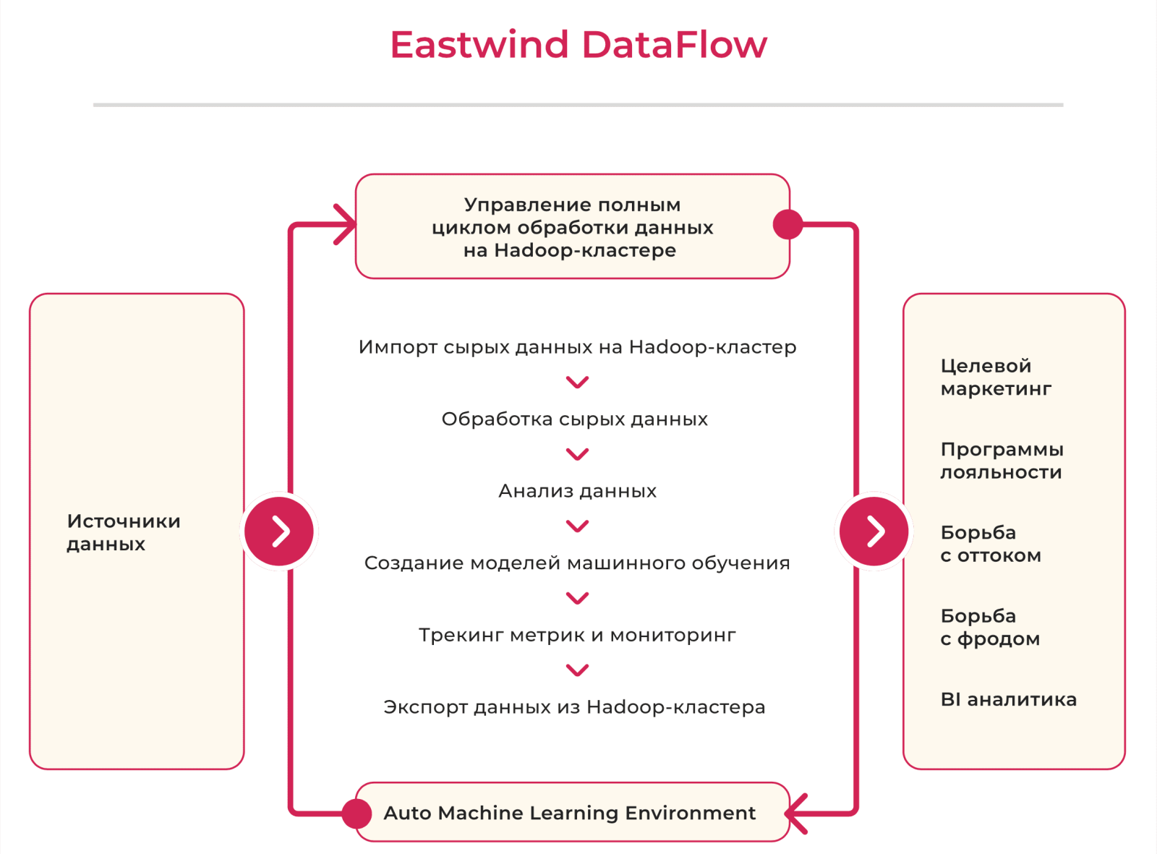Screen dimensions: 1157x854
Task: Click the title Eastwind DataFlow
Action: click(578, 44)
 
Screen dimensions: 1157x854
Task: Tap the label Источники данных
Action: click(124, 532)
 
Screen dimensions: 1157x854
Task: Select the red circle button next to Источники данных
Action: click(279, 531)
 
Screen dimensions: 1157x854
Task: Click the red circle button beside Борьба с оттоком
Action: click(874, 531)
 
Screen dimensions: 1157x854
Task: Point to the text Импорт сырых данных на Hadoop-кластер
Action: click(578, 347)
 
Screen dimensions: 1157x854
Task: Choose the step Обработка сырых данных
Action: click(575, 419)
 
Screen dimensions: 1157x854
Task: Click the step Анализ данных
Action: click(578, 491)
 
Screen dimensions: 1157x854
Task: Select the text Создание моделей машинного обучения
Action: click(577, 563)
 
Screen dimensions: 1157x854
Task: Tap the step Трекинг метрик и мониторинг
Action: click(578, 635)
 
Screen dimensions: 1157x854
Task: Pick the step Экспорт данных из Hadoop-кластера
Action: click(574, 707)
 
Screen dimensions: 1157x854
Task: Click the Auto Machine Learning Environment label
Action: click(570, 813)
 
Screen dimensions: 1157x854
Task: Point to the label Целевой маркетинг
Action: click(996, 377)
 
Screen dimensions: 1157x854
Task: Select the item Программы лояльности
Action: click(1002, 461)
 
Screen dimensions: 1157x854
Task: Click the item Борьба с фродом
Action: click(990, 627)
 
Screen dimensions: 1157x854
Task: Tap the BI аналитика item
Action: click(1008, 699)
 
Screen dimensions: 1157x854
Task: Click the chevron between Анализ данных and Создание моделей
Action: click(578, 526)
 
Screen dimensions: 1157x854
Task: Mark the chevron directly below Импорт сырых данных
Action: click(578, 382)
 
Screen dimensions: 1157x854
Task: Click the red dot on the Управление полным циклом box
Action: click(787, 224)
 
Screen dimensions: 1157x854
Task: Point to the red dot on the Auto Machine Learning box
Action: click(357, 814)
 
